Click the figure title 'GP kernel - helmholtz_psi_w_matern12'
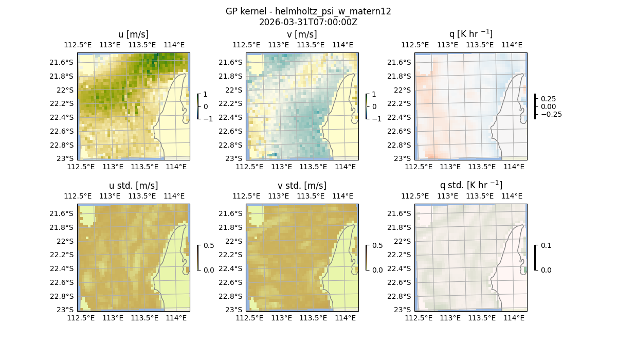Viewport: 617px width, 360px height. click(308, 11)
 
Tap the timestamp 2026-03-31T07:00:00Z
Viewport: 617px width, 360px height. click(308, 22)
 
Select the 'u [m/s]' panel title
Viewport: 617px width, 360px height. click(133, 34)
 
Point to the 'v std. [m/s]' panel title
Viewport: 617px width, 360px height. click(302, 186)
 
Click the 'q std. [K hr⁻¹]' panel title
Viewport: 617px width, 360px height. click(470, 185)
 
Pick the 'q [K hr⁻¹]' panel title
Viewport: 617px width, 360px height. click(470, 34)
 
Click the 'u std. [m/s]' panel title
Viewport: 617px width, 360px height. click(133, 186)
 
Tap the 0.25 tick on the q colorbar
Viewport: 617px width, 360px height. click(549, 99)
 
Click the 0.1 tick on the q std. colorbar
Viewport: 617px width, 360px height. click(545, 246)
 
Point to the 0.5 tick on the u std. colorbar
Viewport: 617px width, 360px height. click(209, 246)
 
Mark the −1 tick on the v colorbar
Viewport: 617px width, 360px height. click(377, 118)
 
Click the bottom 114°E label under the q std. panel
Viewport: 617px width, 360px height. click(514, 318)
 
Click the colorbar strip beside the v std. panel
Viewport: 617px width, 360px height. click(367, 257)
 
